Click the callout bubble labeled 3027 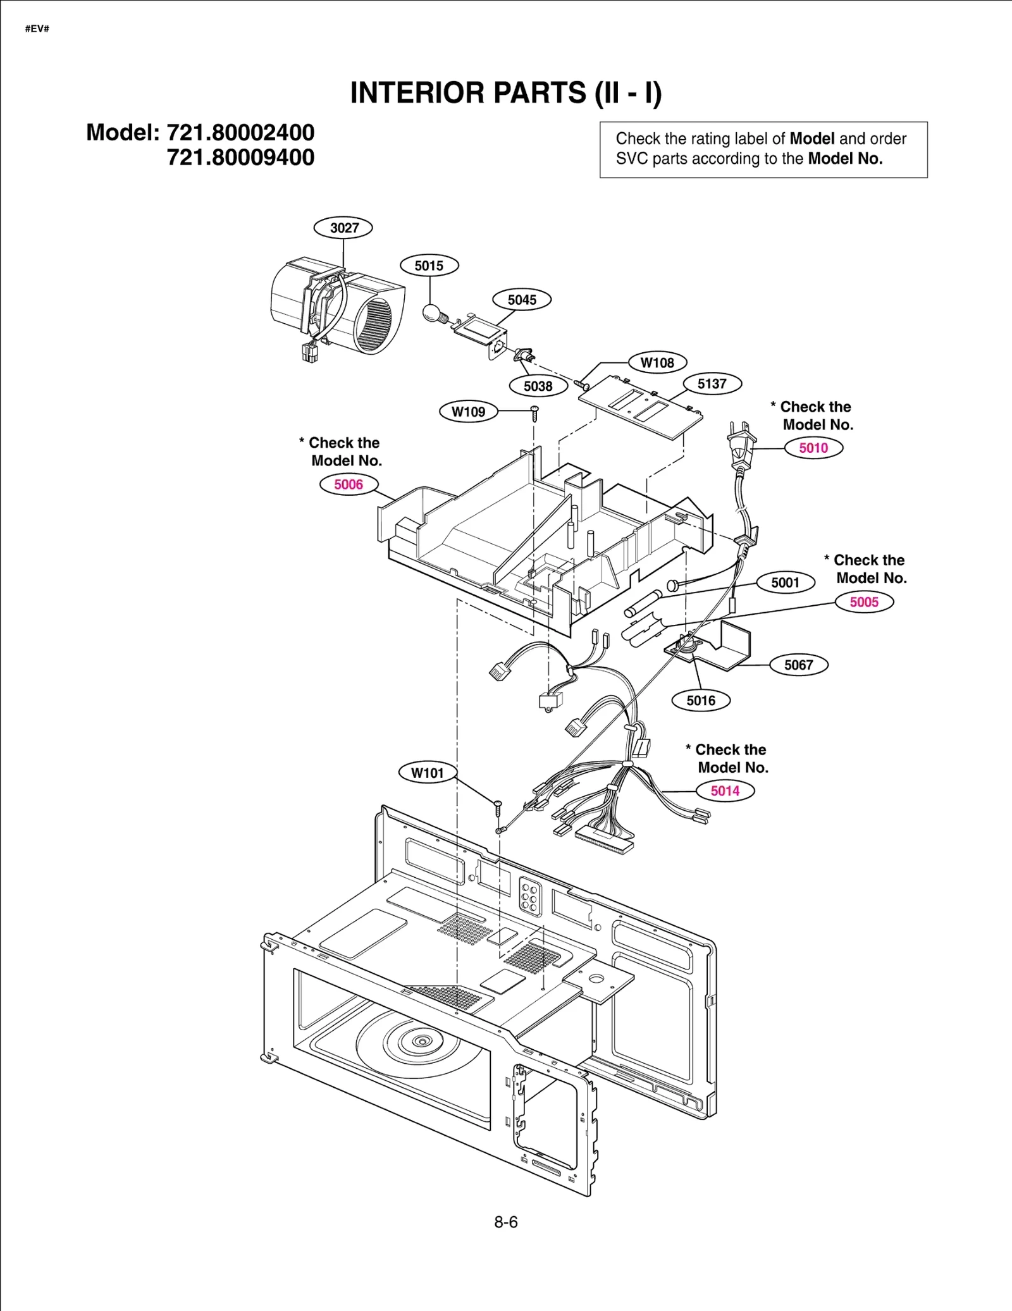pyautogui.click(x=343, y=228)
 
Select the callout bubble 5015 pyautogui.click(x=429, y=266)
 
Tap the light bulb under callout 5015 pyautogui.click(x=432, y=313)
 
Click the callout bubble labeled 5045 pyautogui.click(x=522, y=300)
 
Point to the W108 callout pyautogui.click(x=657, y=363)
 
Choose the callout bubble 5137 pyautogui.click(x=712, y=384)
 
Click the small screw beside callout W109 pyautogui.click(x=534, y=412)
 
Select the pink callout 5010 pyautogui.click(x=813, y=448)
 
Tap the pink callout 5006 pyautogui.click(x=349, y=484)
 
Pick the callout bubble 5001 pyautogui.click(x=785, y=582)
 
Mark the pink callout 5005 pyautogui.click(x=864, y=601)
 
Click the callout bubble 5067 pyautogui.click(x=798, y=665)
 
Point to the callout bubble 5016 pyautogui.click(x=701, y=701)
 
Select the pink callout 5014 pyautogui.click(x=725, y=791)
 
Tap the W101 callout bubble pyautogui.click(x=428, y=773)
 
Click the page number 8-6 pyautogui.click(x=506, y=1222)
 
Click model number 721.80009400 pyautogui.click(x=240, y=157)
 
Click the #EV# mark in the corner pyautogui.click(x=37, y=29)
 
